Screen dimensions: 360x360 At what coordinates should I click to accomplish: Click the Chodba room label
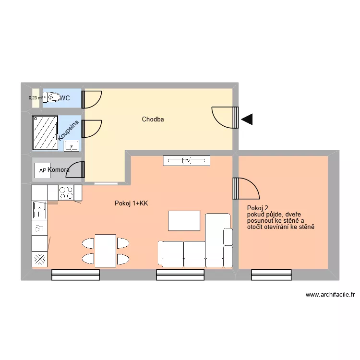coord(153,119)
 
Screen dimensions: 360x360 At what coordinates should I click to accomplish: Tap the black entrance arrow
coord(247,120)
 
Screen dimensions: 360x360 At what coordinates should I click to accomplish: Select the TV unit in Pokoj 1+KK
coord(186,161)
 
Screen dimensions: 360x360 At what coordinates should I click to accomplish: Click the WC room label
coord(65,98)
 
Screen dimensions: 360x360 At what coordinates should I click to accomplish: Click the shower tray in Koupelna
coord(45,132)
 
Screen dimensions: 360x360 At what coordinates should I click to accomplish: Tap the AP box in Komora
coord(42,170)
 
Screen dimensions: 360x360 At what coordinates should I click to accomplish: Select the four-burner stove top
coord(66,193)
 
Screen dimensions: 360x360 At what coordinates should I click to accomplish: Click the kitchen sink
coord(39,210)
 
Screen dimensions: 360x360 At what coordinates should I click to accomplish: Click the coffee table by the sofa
coord(184,221)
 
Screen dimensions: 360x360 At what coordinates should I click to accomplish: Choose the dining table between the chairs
coord(105,250)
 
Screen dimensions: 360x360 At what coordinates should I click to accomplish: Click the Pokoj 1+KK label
coord(132,204)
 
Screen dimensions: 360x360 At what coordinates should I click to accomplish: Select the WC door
coord(90,99)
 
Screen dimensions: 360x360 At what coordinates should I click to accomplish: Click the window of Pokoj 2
coord(271,275)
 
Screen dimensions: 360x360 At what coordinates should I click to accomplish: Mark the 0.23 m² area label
coord(36,98)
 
